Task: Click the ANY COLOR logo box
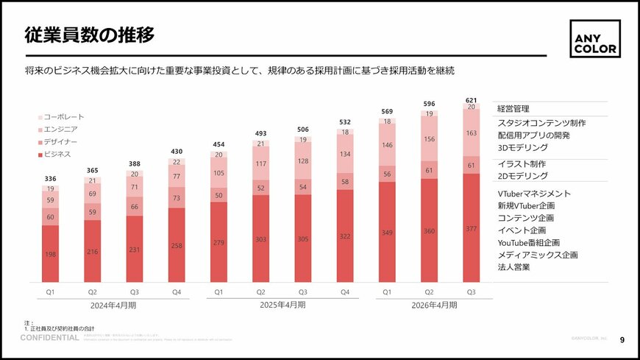click(595, 38)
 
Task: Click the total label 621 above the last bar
click(472, 99)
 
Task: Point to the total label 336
click(50, 178)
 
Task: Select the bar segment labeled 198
click(50, 254)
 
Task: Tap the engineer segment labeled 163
click(472, 133)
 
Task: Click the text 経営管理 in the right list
click(514, 109)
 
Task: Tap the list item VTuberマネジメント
click(534, 194)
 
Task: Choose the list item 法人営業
click(514, 267)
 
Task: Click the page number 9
click(622, 339)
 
